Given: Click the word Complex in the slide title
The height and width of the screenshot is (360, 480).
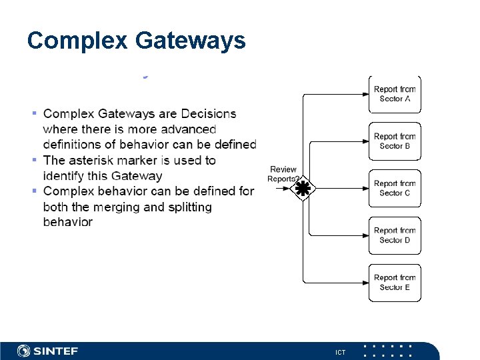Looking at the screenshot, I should click(77, 41).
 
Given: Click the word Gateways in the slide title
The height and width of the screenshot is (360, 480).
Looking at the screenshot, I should click(190, 41).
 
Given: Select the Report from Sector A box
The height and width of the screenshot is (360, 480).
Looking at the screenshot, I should click(395, 94).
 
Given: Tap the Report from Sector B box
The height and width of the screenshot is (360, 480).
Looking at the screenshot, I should click(395, 141).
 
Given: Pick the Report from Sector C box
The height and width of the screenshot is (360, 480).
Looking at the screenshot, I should click(395, 188).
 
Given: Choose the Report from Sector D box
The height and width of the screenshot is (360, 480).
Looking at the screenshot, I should click(395, 235).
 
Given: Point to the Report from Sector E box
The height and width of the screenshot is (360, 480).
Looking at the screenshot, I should click(395, 283).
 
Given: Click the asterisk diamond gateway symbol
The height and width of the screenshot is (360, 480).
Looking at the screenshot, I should click(303, 189).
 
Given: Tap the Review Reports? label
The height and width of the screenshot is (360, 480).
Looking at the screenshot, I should click(283, 174).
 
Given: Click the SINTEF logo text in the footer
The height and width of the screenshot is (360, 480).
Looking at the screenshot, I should click(56, 351).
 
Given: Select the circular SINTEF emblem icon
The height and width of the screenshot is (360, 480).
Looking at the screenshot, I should click(24, 351).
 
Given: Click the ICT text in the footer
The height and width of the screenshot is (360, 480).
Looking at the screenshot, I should click(340, 352).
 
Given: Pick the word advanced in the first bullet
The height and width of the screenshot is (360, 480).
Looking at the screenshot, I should click(183, 129).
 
